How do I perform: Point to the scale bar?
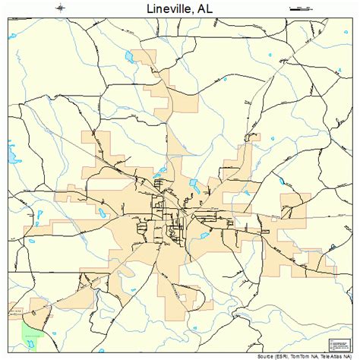pyautogui.click(x=301, y=8)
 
